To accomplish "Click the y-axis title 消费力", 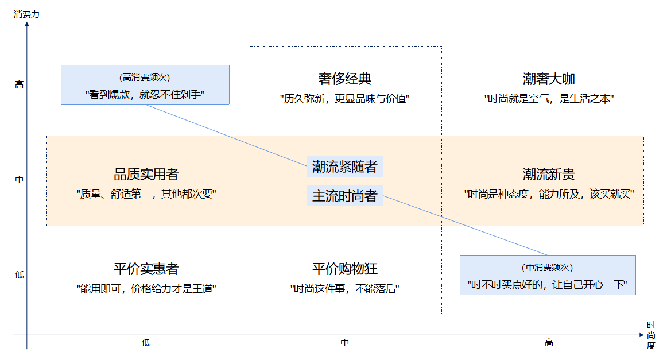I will click(27, 14).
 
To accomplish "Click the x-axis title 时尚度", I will click(650, 335).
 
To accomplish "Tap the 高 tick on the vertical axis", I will click(20, 85).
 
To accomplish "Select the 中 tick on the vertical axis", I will click(20, 180).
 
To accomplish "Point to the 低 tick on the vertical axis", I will click(20, 275).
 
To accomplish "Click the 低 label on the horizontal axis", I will click(146, 343).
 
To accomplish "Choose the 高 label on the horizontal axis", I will click(549, 343).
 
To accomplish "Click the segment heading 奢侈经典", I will click(345, 79).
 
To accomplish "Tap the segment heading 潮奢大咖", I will click(549, 79).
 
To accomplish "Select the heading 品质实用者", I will click(146, 174).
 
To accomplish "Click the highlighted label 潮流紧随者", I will click(344, 167).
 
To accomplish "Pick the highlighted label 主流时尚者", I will click(344, 196).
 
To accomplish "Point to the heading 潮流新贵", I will click(549, 174).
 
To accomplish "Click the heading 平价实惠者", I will click(146, 269).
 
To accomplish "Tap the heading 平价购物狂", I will click(345, 269).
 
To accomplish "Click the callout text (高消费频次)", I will click(145, 78).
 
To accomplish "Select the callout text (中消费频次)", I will click(548, 268).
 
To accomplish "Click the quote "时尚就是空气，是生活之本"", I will click(549, 98).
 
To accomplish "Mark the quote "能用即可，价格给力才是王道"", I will click(146, 289).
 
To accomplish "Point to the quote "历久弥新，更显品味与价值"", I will click(345, 98).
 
